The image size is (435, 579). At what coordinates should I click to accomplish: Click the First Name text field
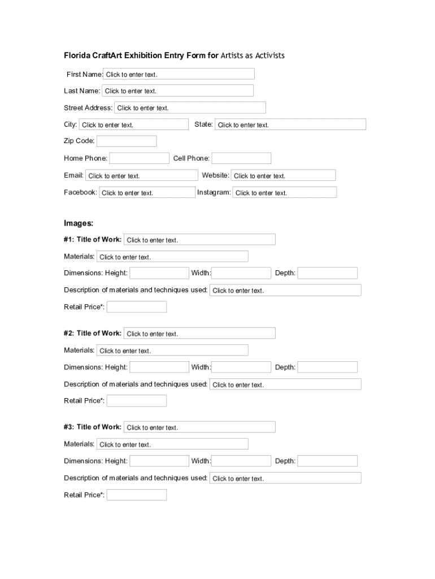coord(179,74)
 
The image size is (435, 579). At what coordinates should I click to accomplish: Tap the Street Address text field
coord(190,107)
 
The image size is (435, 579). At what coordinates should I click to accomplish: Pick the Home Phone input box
coord(139,158)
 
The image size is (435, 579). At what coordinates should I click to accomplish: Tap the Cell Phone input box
coord(241,158)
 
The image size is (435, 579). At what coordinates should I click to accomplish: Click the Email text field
coord(142,175)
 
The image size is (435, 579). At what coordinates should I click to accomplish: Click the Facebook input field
coord(147,192)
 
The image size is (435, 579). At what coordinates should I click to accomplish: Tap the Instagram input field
coord(285,192)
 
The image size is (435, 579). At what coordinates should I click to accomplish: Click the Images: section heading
coord(79,223)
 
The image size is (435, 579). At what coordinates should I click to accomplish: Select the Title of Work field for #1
coord(199,240)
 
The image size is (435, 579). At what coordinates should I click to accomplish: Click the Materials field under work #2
coord(172,350)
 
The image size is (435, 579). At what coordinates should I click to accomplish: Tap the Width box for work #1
coord(241,273)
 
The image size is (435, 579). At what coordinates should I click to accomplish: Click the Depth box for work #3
coord(328,461)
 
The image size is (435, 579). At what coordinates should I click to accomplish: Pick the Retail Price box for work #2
coord(137,401)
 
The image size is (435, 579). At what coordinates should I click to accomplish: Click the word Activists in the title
coord(270,55)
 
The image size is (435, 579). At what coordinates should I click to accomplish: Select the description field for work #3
coord(285,478)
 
